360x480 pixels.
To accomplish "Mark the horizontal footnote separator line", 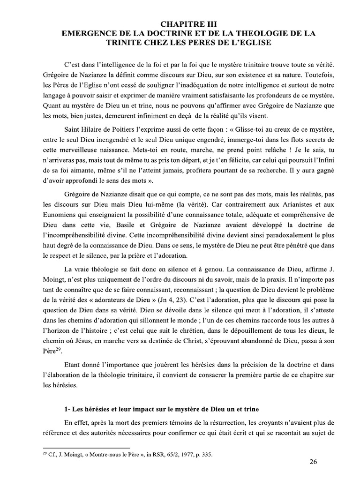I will click(x=86, y=442).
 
